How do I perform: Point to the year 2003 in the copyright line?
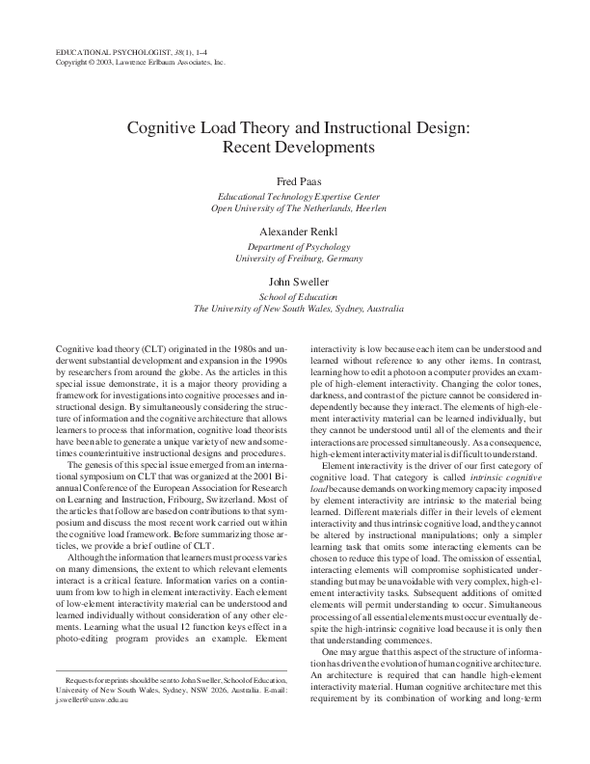pos(105,61)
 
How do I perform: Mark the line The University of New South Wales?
pos(280,310)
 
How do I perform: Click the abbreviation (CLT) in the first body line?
pos(151,346)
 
